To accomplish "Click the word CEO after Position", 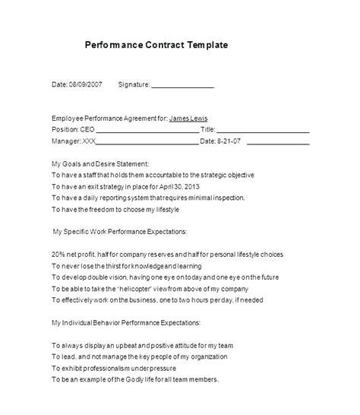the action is tap(89, 129).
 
